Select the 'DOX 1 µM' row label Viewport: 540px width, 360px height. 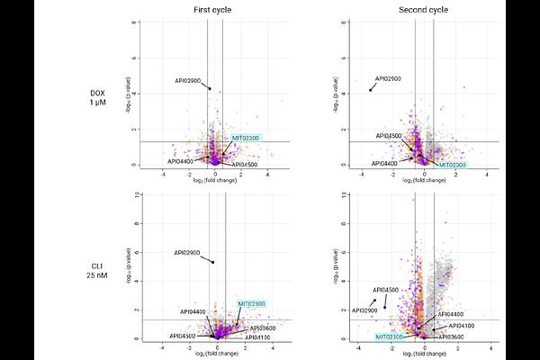[x=97, y=98]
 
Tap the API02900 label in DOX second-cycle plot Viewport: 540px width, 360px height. [x=388, y=79]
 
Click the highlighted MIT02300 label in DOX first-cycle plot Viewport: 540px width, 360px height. [x=246, y=138]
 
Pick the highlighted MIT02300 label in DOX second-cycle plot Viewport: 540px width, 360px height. [x=453, y=165]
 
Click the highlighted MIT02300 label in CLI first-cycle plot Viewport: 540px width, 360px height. [x=251, y=303]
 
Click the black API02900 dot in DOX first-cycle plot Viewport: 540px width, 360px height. [x=209, y=88]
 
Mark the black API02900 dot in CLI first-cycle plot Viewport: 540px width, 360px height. [x=212, y=262]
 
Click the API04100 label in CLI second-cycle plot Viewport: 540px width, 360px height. [x=460, y=326]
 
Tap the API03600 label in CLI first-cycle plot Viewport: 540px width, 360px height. [x=261, y=328]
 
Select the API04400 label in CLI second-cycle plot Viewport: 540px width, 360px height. [x=451, y=314]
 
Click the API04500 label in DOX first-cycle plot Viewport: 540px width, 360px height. [x=245, y=165]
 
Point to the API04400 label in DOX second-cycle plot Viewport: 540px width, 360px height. [x=384, y=163]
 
